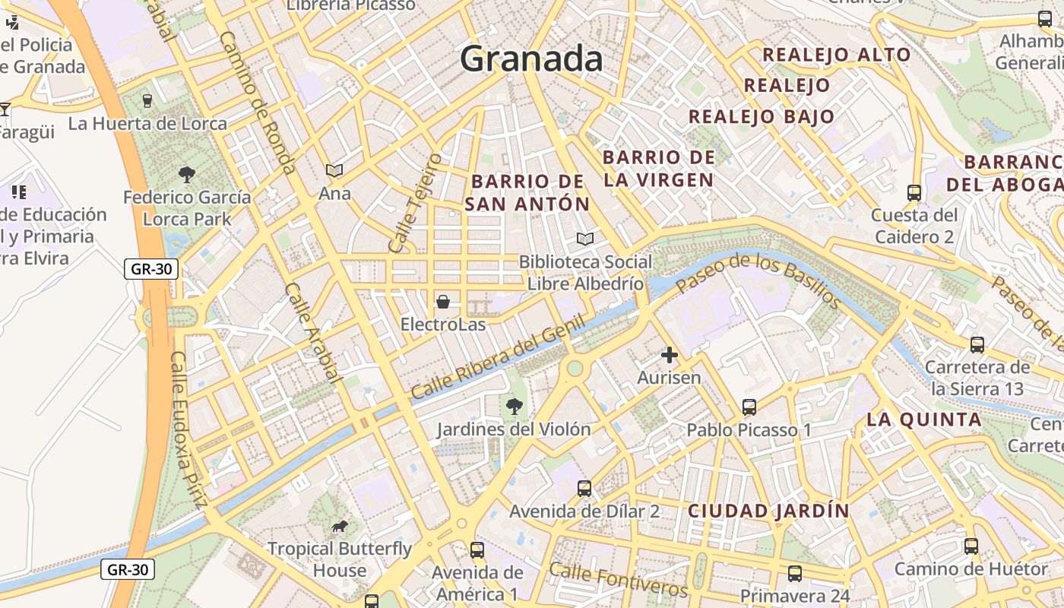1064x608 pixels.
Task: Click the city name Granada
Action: pyautogui.click(x=531, y=59)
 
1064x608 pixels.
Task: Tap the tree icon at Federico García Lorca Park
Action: pyautogui.click(x=187, y=175)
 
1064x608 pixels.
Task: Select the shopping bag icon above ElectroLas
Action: pyautogui.click(x=443, y=302)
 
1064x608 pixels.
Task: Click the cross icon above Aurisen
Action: pyautogui.click(x=669, y=355)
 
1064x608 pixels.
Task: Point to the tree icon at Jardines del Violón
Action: pyautogui.click(x=515, y=407)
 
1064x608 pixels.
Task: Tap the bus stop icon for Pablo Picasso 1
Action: pyautogui.click(x=749, y=407)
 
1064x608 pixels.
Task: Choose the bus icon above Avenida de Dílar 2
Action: pyautogui.click(x=584, y=489)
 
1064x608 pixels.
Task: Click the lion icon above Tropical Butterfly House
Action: pyautogui.click(x=340, y=526)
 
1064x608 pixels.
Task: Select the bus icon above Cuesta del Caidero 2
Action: pyautogui.click(x=914, y=193)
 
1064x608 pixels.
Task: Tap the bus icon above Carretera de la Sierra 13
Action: pyautogui.click(x=977, y=345)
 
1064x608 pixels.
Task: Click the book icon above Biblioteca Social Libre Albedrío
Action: pyautogui.click(x=584, y=239)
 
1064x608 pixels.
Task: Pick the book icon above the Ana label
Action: pyautogui.click(x=334, y=171)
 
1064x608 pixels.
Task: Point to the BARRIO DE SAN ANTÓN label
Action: pyautogui.click(x=527, y=193)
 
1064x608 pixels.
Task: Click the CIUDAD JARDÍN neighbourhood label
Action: pyautogui.click(x=768, y=511)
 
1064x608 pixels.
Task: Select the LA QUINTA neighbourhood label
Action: pyautogui.click(x=924, y=420)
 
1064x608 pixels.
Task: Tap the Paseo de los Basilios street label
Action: pyautogui.click(x=758, y=280)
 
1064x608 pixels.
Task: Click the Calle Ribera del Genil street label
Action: pyautogui.click(x=499, y=356)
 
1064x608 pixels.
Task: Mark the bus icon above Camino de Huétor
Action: pyautogui.click(x=971, y=546)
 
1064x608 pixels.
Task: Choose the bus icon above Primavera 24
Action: pyautogui.click(x=795, y=574)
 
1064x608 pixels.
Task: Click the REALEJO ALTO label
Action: pyautogui.click(x=836, y=55)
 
